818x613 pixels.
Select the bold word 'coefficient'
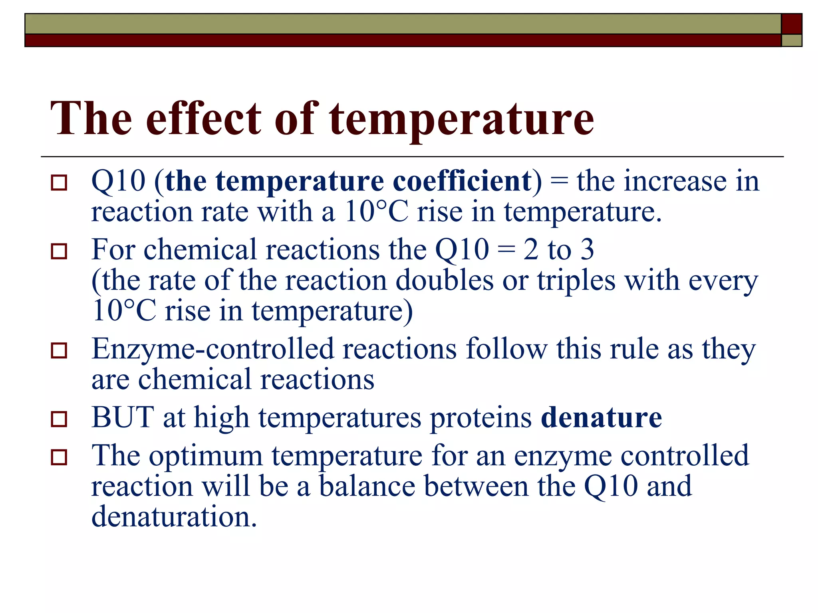tap(462, 182)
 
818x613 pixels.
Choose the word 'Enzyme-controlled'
tap(212, 349)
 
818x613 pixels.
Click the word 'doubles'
tap(444, 281)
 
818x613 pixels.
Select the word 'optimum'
tap(206, 456)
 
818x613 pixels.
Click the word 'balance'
tap(367, 486)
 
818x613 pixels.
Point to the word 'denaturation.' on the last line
tap(174, 517)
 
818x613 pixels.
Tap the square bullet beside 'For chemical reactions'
tap(59, 251)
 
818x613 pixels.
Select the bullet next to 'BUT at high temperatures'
tap(59, 419)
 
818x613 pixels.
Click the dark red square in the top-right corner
tap(791, 24)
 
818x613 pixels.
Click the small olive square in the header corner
tap(791, 40)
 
